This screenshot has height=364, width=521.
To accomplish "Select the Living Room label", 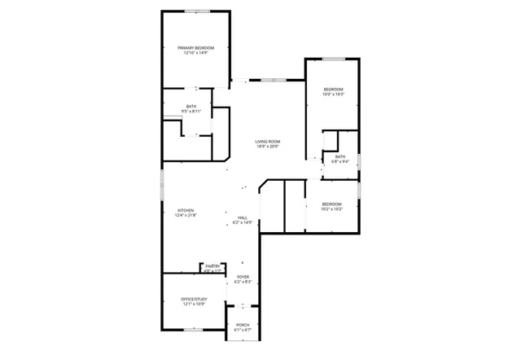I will coord(268,141).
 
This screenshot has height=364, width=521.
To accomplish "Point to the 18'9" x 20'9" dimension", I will coord(268,147).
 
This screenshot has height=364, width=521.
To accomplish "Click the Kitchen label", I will coord(186,210).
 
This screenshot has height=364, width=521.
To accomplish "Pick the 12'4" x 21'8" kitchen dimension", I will coord(186,216).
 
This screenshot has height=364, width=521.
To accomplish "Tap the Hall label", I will coord(243,217).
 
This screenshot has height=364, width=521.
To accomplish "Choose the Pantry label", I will coord(213,266).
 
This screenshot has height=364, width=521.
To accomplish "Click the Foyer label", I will coord(243,277).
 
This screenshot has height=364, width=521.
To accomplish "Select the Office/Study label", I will coord(194,300).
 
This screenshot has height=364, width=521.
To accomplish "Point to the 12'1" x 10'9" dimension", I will coord(194,305).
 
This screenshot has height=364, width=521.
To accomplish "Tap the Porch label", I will coord(243,324).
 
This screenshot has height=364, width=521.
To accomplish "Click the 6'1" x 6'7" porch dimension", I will coord(243,330).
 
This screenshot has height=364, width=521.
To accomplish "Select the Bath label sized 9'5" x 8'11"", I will coord(191,106).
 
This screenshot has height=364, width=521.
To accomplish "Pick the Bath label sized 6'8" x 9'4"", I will coord(339,156).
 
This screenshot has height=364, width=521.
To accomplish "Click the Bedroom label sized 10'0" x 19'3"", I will coord(333,89).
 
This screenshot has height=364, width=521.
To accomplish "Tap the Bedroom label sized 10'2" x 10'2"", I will coord(331,204).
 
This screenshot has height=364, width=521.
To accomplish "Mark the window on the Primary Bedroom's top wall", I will coord(195,11).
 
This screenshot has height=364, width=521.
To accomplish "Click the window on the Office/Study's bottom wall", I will coord(194,329).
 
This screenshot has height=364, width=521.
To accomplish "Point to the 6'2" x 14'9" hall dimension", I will coord(243,222).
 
